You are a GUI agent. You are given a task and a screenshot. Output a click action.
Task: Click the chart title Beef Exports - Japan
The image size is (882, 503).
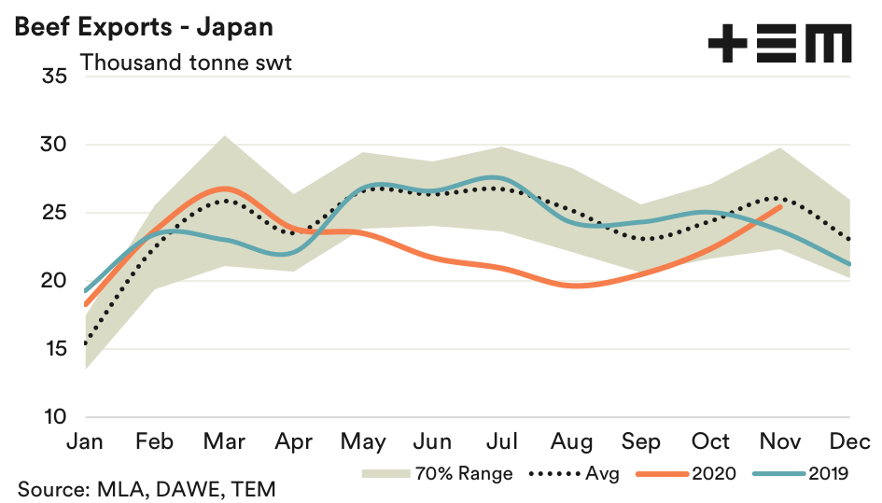[143, 26]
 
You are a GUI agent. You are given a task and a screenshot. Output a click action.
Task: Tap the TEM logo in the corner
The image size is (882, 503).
[779, 44]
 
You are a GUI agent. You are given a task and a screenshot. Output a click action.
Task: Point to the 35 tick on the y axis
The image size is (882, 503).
[54, 77]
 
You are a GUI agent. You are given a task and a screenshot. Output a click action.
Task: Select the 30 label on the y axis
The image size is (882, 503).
[54, 145]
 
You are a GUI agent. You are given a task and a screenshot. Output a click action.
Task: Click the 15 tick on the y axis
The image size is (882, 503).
[54, 349]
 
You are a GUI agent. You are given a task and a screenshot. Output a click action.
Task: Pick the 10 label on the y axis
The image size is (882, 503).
[54, 417]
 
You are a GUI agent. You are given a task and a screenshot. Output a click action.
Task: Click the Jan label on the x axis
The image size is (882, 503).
[85, 441]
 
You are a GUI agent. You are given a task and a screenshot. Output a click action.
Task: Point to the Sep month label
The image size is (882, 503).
[643, 441]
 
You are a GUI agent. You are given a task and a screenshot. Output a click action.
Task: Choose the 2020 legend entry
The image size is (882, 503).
[687, 474]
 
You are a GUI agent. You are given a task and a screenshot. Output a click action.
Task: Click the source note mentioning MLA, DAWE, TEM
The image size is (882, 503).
[147, 489]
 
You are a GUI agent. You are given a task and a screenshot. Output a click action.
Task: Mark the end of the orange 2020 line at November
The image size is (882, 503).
[780, 207]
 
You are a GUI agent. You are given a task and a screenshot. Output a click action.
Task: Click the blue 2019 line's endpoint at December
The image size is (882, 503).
[849, 264]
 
